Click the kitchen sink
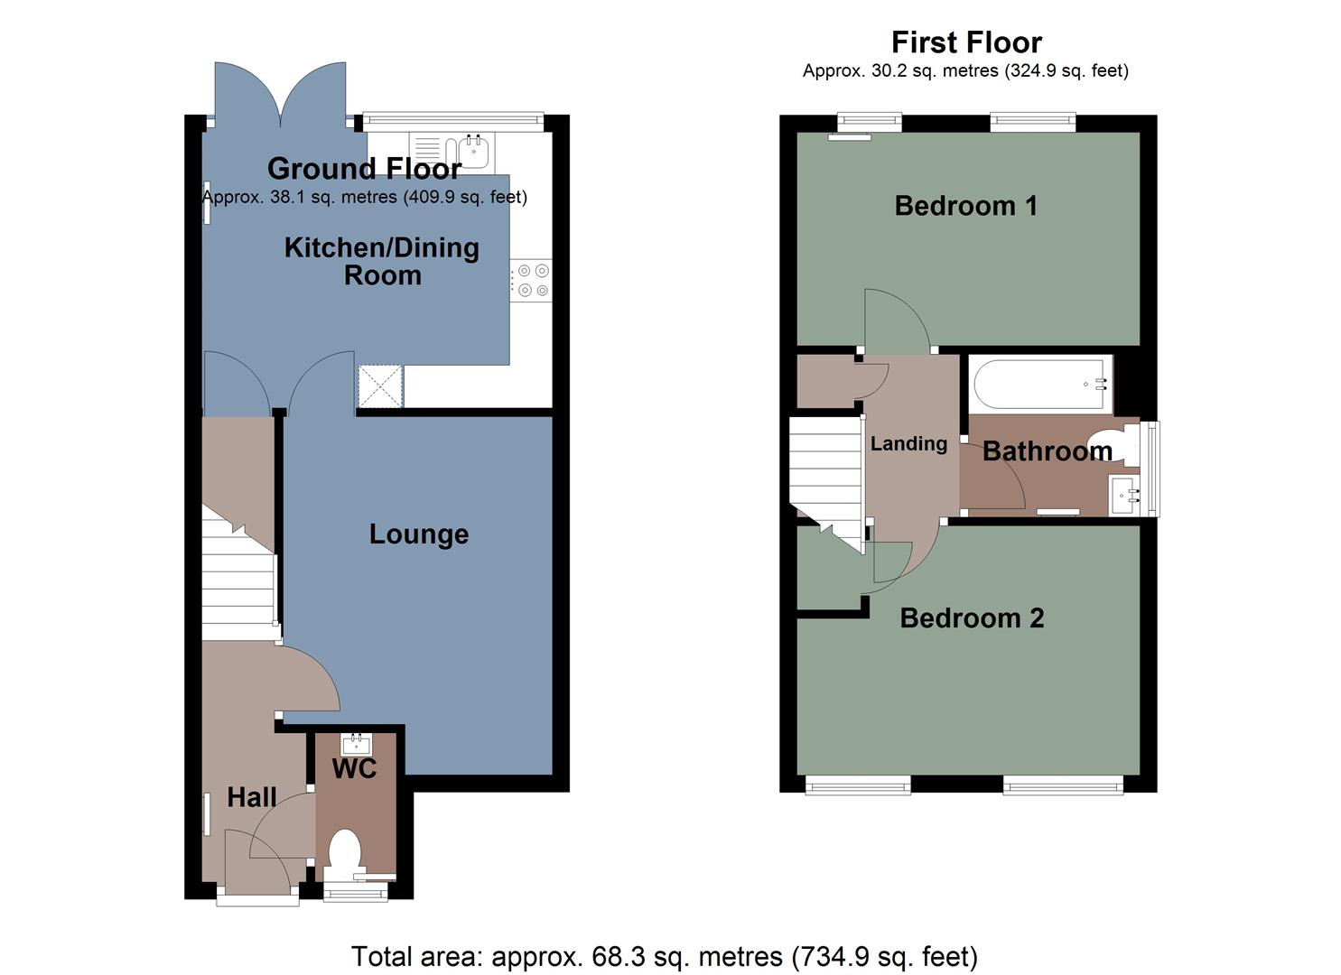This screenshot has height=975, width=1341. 473,152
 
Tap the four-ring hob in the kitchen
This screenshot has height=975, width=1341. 531,280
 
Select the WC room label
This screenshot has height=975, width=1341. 354,769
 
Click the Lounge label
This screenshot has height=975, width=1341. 419,534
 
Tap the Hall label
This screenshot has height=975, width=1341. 252,797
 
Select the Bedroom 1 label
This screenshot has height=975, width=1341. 965,206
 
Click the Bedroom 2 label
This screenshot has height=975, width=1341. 972,617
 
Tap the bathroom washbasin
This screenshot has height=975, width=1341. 1123,495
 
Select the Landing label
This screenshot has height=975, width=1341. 908,443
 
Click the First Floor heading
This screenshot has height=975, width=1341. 966,42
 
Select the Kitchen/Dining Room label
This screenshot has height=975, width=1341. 382,261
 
